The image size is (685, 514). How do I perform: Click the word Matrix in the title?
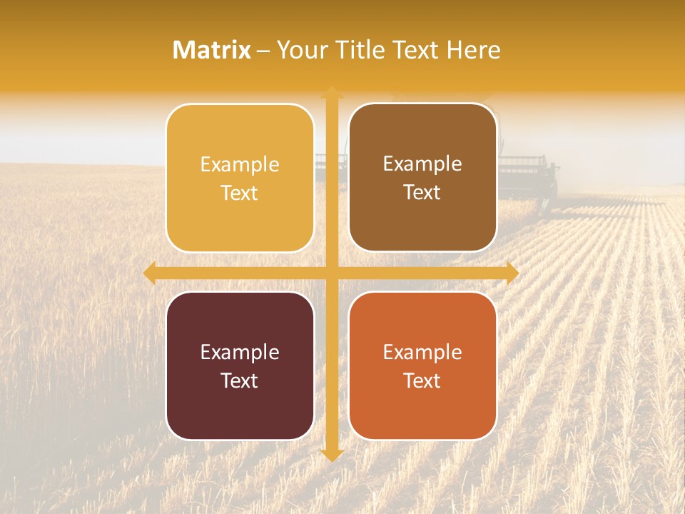[212, 50]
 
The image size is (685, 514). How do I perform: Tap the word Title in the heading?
[360, 50]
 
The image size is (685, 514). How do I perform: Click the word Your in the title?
[301, 50]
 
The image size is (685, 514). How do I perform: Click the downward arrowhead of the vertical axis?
[331, 455]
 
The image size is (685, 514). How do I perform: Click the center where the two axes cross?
[331, 273]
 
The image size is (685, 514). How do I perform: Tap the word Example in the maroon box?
[240, 353]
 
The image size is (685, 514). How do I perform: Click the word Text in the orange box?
[422, 381]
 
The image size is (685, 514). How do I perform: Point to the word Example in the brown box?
[422, 164]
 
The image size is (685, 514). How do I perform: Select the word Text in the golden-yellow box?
[240, 193]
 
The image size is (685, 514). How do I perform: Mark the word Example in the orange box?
[422, 353]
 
